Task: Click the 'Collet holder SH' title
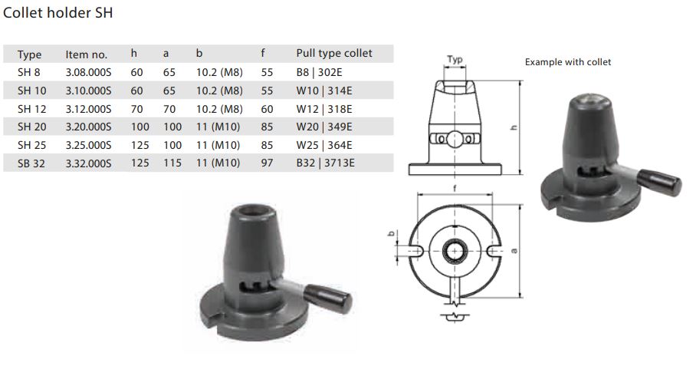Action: point(58,12)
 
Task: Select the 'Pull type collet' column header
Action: point(334,54)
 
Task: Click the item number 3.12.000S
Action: point(88,109)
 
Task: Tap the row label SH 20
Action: point(32,127)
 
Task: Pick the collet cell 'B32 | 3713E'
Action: point(325,163)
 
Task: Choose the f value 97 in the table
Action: point(267,163)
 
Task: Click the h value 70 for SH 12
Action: point(137,109)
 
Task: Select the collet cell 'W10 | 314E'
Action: point(324,91)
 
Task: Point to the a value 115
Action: point(172,163)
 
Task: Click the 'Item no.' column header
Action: point(86,54)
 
